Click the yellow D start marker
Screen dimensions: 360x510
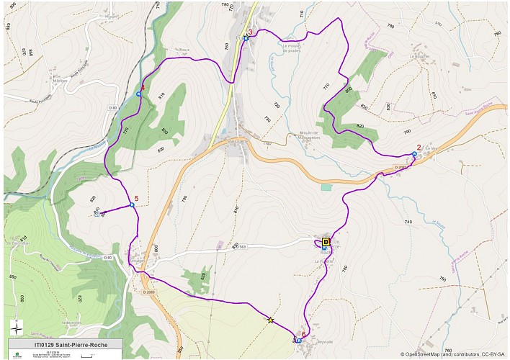click(326, 242)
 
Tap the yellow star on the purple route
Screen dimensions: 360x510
click(271, 320)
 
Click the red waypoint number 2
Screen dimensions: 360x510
click(419, 148)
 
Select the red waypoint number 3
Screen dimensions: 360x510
click(250, 32)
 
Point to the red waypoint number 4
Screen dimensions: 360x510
click(143, 89)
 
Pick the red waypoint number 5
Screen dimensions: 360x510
click(136, 199)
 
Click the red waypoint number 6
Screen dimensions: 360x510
click(304, 335)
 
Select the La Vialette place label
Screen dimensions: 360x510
click(324, 262)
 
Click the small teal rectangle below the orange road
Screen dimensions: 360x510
click(326, 187)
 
